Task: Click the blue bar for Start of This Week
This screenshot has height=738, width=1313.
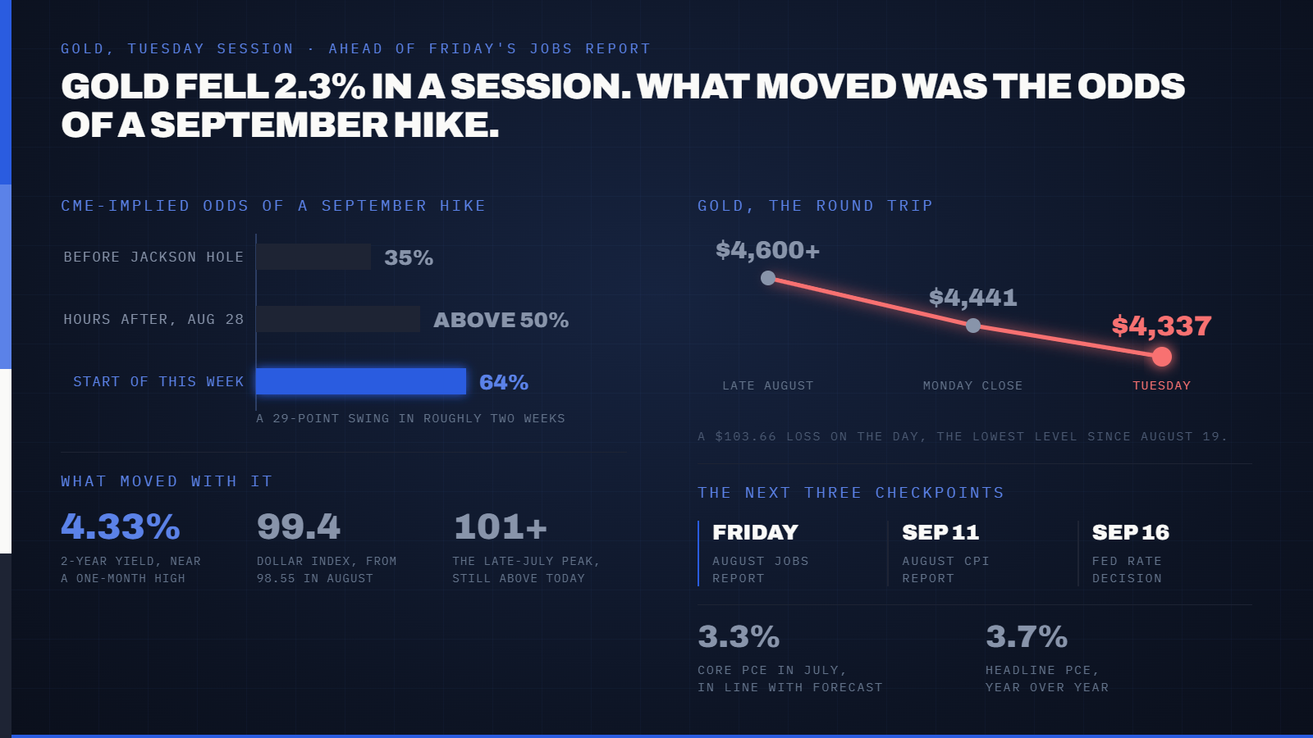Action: pos(361,381)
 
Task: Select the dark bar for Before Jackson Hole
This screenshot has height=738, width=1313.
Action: pos(313,257)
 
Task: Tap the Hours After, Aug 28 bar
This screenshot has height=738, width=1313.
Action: pos(338,319)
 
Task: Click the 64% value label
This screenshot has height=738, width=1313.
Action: pos(504,382)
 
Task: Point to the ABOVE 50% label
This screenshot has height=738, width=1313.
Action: pos(501,320)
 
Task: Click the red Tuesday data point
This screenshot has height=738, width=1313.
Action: pos(1162,356)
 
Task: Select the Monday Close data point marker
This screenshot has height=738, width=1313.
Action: pos(973,325)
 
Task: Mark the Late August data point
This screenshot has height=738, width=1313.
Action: pos(768,278)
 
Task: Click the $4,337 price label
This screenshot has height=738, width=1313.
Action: pos(1162,326)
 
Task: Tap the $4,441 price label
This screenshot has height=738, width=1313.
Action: pos(973,298)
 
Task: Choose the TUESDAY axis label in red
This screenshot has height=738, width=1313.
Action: pos(1162,385)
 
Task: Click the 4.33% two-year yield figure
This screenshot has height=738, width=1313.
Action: pos(121,526)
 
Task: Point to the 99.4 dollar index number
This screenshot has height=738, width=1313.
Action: pos(299,526)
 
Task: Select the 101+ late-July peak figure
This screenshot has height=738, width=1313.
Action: pos(501,526)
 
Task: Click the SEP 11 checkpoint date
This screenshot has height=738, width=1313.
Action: pos(940,532)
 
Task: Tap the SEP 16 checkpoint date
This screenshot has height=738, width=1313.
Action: pos(1131,532)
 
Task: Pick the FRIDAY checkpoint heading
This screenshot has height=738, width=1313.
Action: pos(756,532)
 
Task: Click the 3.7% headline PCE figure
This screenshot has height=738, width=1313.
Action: pos(1027,636)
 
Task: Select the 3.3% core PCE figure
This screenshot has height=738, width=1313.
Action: pos(739,636)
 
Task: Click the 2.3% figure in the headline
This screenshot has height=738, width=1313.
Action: pos(319,86)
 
